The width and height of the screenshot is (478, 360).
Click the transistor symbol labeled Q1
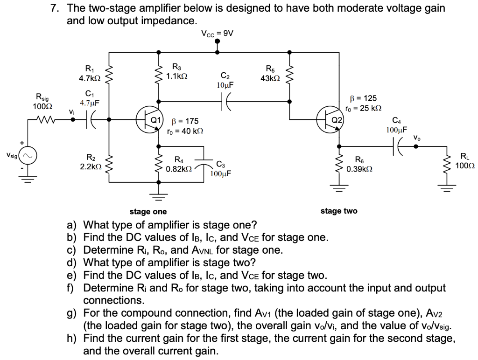tap(148, 120)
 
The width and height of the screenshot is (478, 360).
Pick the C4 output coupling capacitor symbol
tap(400, 145)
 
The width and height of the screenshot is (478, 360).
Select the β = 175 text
tap(186, 122)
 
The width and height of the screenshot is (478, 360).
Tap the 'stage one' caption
tap(148, 212)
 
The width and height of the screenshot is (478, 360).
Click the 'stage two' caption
tap(339, 211)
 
